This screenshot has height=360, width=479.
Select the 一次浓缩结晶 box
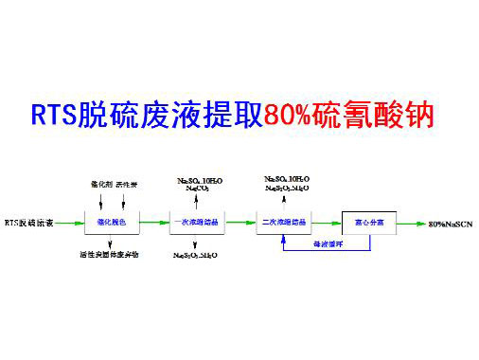[x=196, y=223]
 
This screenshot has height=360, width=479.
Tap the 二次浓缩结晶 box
[x=281, y=223]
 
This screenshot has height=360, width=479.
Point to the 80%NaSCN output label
[x=449, y=224]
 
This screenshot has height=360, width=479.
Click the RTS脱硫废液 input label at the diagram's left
[x=27, y=224]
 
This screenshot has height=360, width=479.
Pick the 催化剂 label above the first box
[x=97, y=184]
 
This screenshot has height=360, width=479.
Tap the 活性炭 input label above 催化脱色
[x=127, y=184]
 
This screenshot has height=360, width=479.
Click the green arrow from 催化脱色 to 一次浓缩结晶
[x=154, y=224]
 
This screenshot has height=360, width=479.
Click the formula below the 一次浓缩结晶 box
[x=197, y=256]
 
